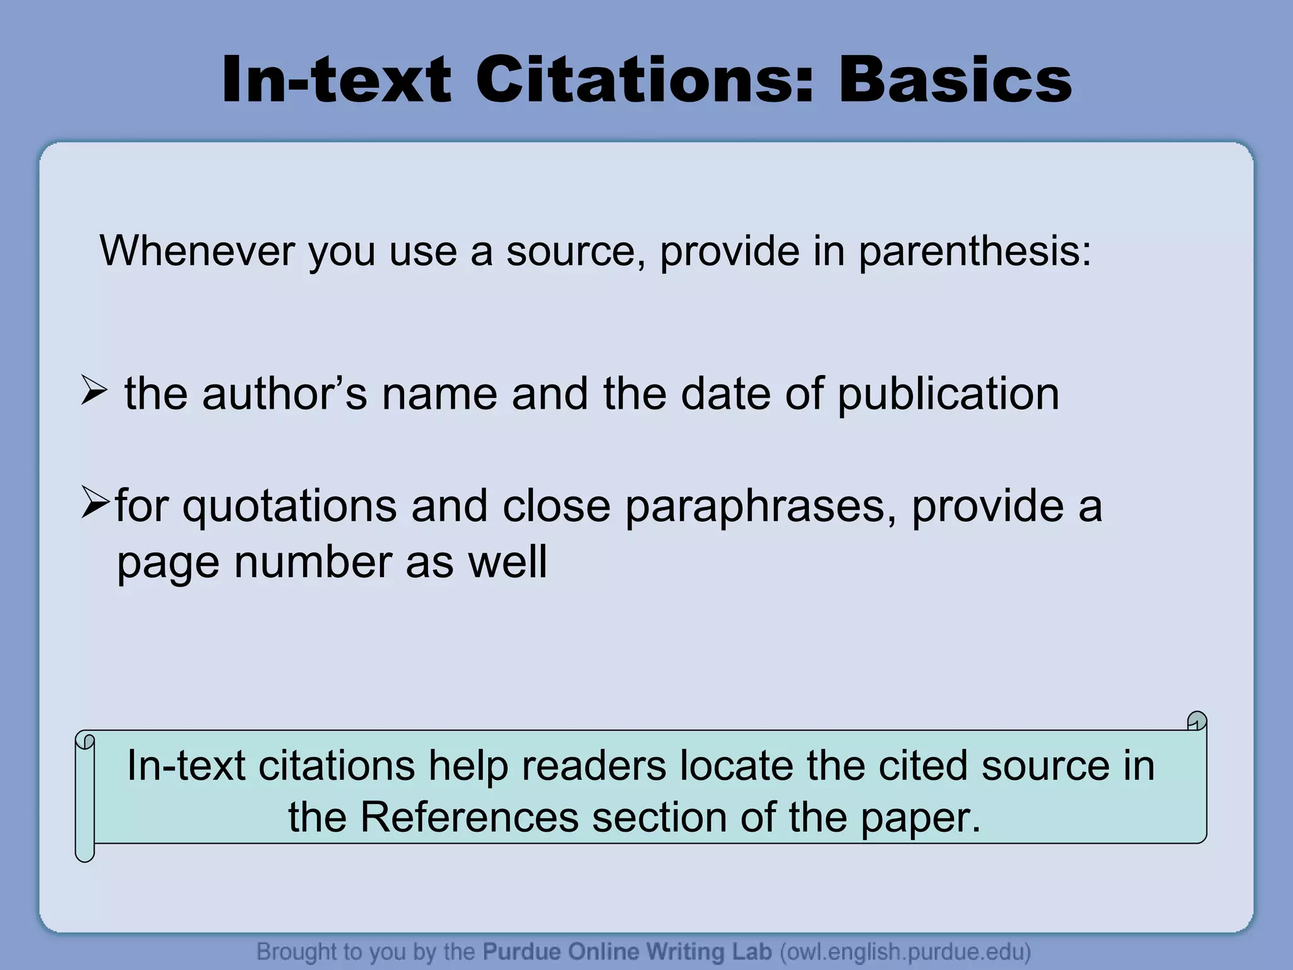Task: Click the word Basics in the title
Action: coord(955,81)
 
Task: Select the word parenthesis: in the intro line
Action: coord(975,252)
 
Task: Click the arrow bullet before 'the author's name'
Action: coord(94,392)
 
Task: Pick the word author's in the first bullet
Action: coord(284,394)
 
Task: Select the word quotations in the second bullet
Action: coord(290,507)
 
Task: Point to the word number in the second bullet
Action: coord(312,563)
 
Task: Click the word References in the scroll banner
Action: coord(469,817)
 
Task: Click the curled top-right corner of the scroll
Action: coord(1196,721)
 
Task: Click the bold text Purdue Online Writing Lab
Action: coord(627,951)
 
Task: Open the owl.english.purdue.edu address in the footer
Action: coord(905,951)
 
